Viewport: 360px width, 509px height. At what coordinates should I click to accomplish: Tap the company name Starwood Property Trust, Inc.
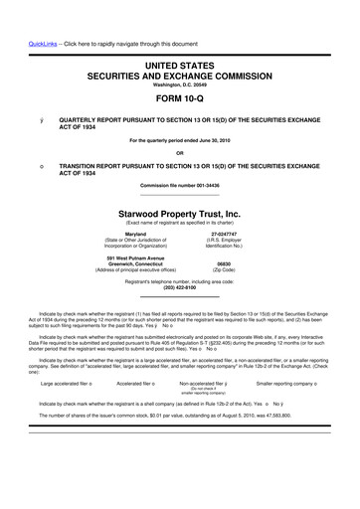tap(180, 213)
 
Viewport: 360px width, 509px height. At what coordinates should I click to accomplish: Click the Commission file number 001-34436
tap(180, 187)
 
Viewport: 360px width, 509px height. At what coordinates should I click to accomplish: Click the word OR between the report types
tap(180, 152)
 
